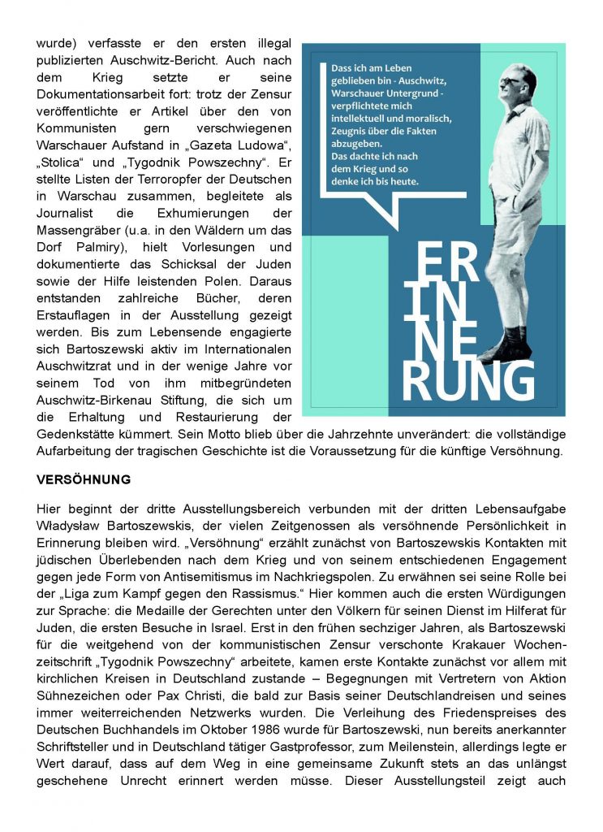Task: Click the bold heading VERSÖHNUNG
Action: click(84, 479)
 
